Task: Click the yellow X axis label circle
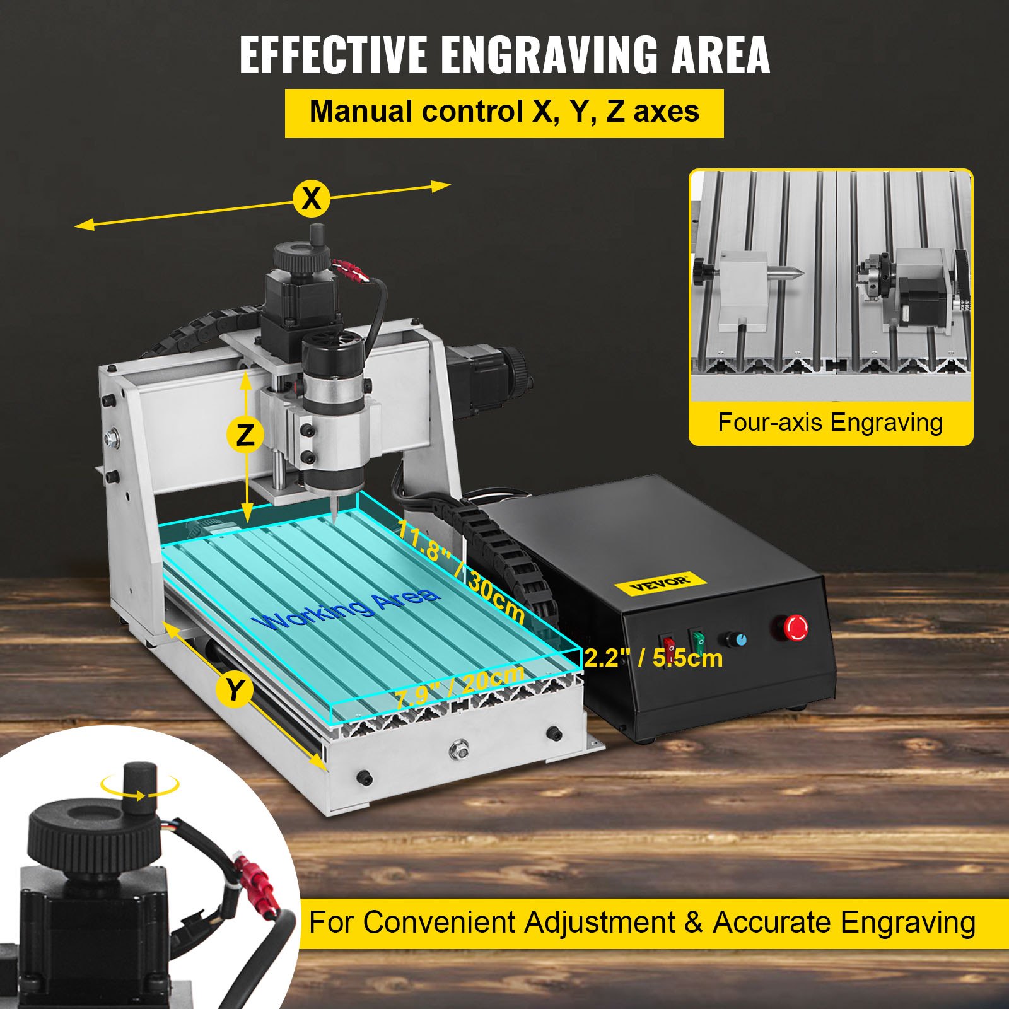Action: [x=312, y=199]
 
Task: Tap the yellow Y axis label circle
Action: [x=234, y=690]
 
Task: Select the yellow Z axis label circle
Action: [x=245, y=435]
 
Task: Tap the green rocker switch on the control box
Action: [x=698, y=641]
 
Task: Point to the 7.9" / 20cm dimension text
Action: [x=459, y=687]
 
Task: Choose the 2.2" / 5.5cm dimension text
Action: [x=653, y=658]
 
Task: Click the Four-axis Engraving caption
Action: [x=830, y=423]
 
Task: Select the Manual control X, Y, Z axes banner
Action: [x=504, y=112]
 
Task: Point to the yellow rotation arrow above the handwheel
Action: [x=139, y=787]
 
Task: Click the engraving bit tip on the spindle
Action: [x=333, y=518]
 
